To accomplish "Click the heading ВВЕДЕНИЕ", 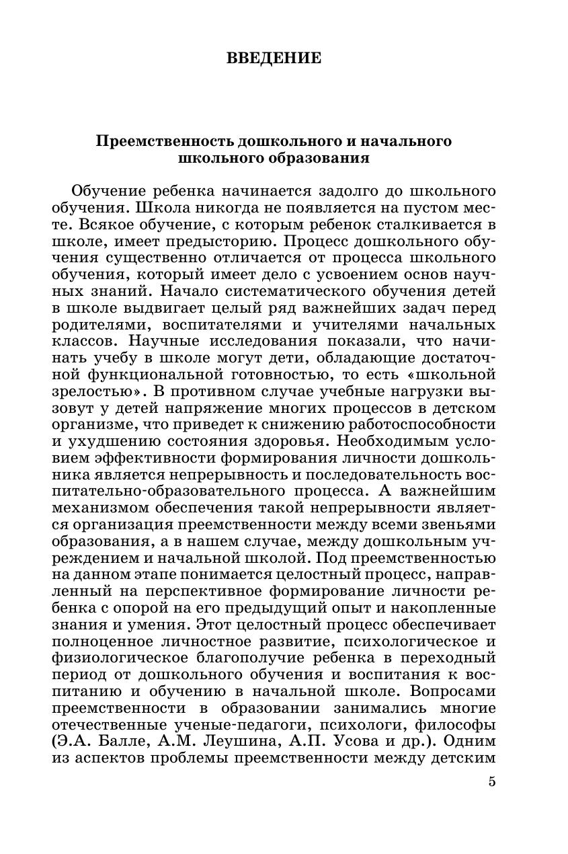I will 274,59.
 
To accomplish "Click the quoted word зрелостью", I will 93,390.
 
